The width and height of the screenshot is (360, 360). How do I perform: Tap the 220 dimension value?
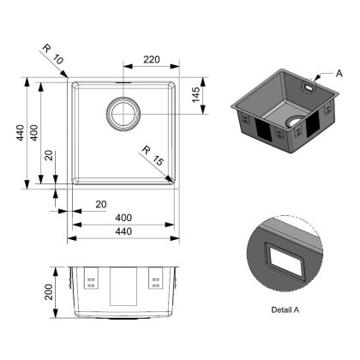pyautogui.click(x=151, y=62)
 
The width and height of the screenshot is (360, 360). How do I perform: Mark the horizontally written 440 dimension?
pyautogui.click(x=124, y=241)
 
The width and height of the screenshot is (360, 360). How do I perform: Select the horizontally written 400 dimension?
pyautogui.click(x=124, y=221)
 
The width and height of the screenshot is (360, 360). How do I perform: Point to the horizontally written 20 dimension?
pyautogui.click(x=102, y=203)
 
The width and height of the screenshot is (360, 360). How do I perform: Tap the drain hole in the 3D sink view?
pyautogui.click(x=295, y=122)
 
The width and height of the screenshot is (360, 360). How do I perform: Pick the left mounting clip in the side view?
pyautogui.click(x=92, y=278)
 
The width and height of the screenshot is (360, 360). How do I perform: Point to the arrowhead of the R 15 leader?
pyautogui.click(x=174, y=180)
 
